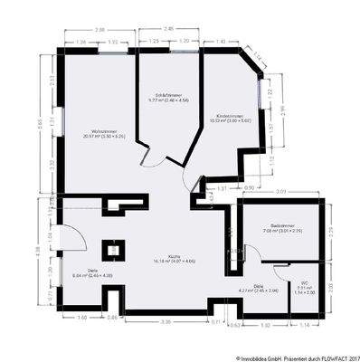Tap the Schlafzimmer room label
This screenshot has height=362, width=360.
pyautogui.click(x=167, y=97)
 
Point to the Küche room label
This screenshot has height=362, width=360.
pyautogui.click(x=164, y=258)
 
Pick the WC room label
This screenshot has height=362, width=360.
pyautogui.click(x=304, y=288)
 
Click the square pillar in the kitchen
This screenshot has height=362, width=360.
pyautogui.click(x=114, y=248)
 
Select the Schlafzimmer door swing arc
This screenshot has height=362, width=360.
pyautogui.click(x=155, y=159)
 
